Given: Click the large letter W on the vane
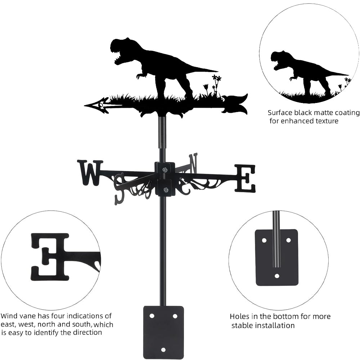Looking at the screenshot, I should pos(90,172).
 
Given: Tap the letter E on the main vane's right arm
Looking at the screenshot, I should pos(246,178).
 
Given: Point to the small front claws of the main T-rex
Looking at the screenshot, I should pos(140,75).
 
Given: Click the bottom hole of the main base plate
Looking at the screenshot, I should pos(163,350).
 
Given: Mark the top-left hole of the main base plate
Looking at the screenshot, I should pos(152,316).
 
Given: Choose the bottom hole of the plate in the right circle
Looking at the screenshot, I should pos(277,276).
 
